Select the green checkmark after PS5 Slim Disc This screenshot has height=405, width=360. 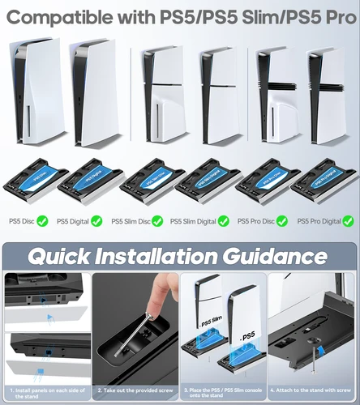point(156,220)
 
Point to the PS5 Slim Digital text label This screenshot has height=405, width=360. point(195,220)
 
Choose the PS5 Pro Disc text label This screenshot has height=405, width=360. point(255,220)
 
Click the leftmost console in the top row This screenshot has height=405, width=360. point(32,95)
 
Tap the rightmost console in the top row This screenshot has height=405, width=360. point(326,96)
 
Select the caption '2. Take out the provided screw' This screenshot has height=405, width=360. point(134,390)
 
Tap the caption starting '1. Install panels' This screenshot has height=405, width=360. point(45,393)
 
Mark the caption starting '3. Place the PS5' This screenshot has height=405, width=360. point(223,393)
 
